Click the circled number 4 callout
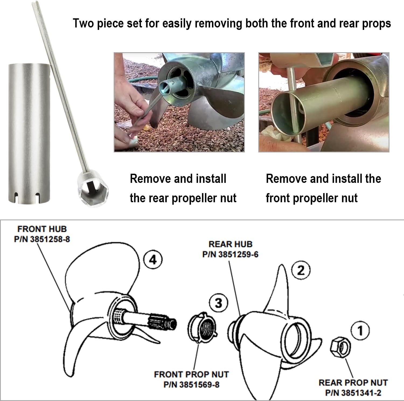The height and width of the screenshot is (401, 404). pos(153,260)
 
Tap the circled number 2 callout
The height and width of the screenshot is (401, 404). pos(301,270)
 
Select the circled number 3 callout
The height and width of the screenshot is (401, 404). pos(218,303)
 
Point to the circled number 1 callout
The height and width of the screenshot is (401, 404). pos(360,330)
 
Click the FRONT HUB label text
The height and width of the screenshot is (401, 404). pos(42,229)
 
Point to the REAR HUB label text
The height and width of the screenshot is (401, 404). pos(231,244)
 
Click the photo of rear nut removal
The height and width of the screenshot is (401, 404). pos(179,102)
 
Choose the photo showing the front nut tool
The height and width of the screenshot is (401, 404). pos(324,102)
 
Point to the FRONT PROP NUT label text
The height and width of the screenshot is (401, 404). pos(191,375)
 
